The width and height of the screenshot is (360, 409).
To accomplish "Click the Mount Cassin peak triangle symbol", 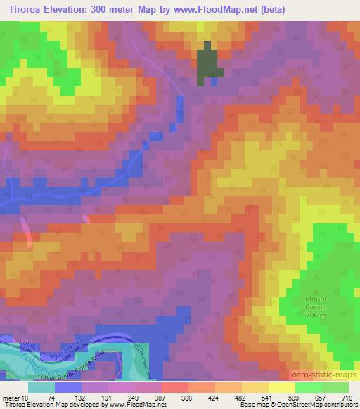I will [316, 290].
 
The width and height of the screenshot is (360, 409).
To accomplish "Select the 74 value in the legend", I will [52, 397].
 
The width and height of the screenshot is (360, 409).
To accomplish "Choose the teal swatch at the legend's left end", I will [41, 387].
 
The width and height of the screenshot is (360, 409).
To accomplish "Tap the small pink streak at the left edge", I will [26, 231].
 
